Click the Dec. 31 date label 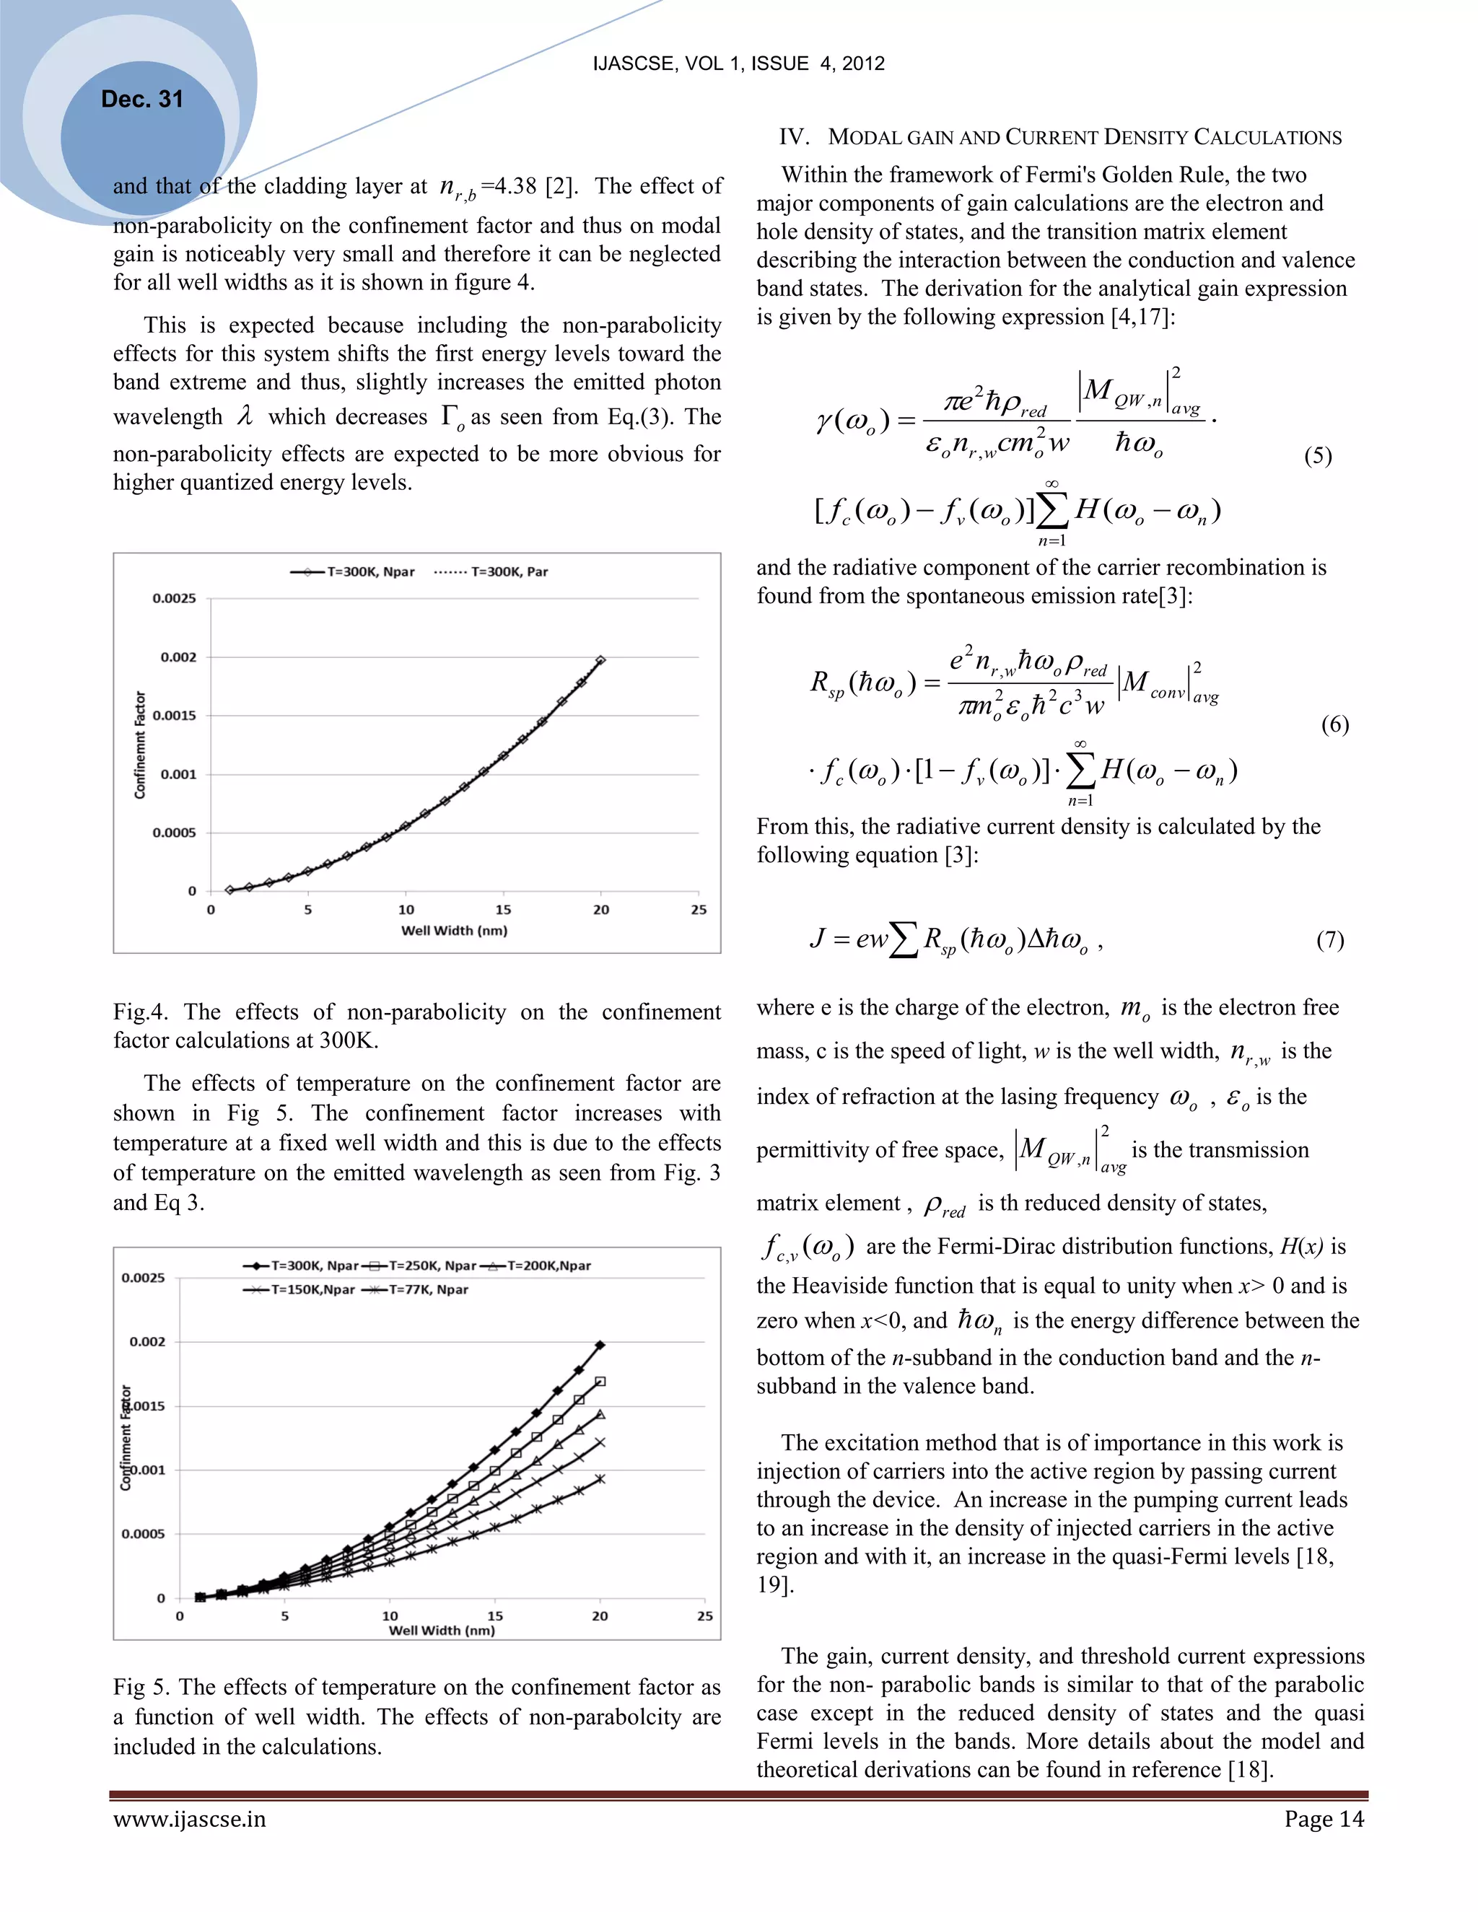pos(142,99)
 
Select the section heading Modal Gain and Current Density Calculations pos(1059,137)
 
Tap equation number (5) pos(1318,456)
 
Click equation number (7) pos(1329,939)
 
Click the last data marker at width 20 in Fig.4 pos(600,660)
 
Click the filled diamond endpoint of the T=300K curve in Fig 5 pos(600,1345)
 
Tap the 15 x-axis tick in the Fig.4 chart pos(504,910)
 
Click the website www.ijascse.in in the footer pos(189,1819)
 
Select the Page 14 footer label pos(1323,1819)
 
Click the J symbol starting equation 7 pos(817,939)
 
